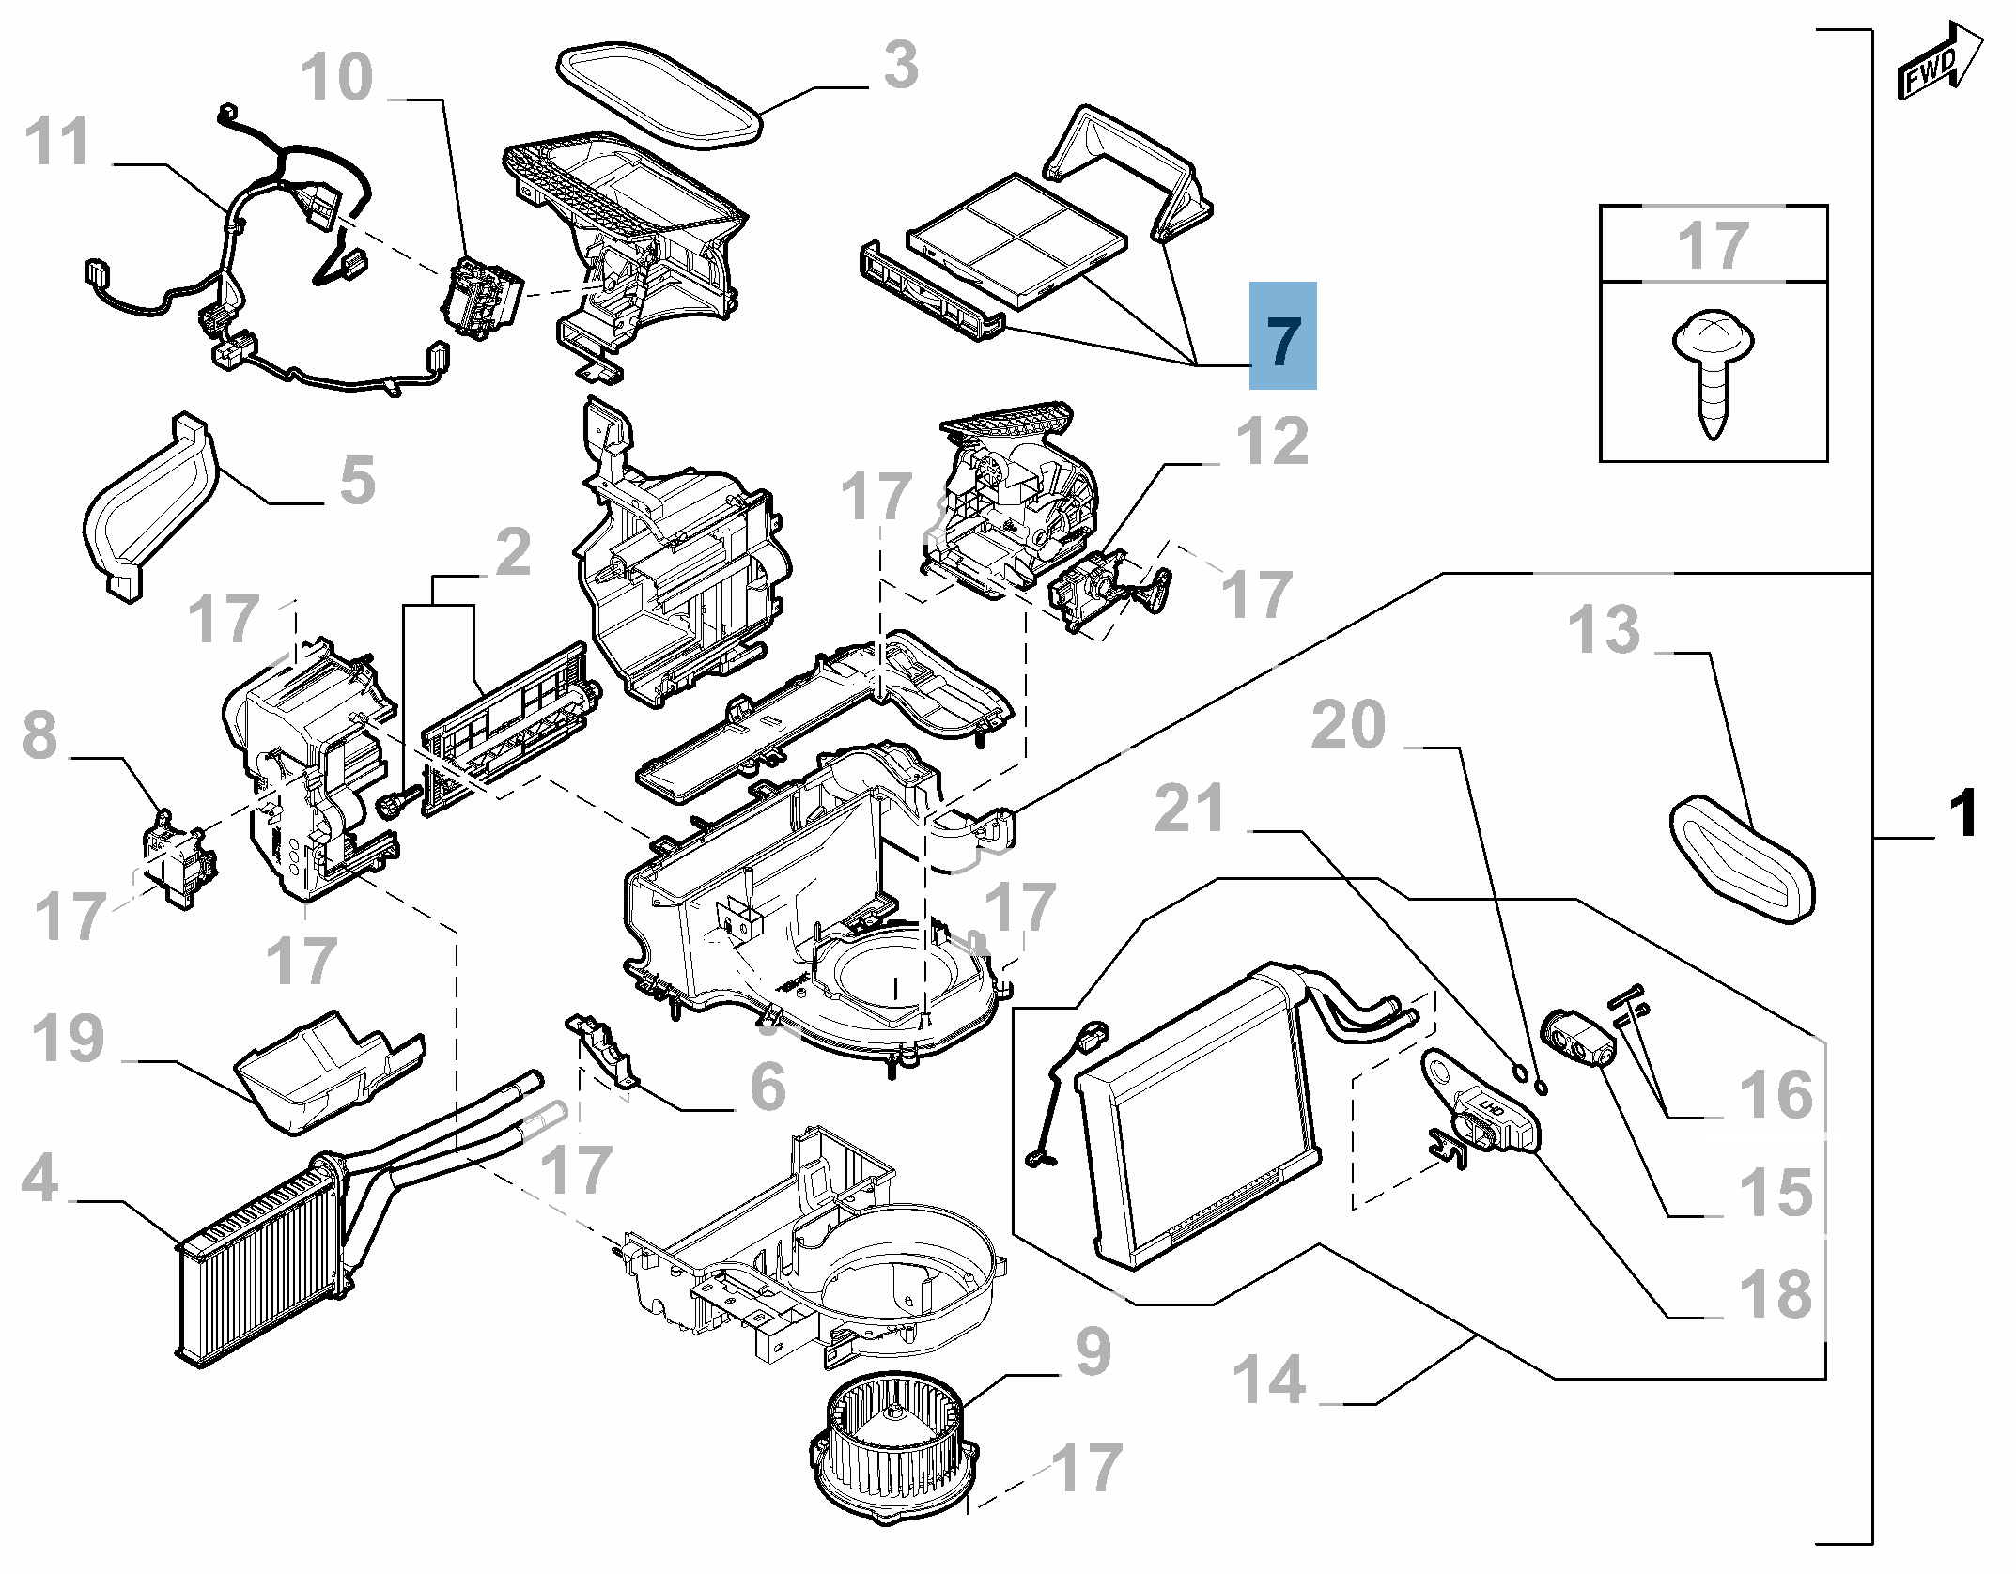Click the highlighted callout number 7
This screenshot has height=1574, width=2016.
[1282, 337]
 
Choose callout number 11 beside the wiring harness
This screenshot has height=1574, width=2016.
[58, 142]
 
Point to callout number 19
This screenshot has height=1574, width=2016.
[69, 1039]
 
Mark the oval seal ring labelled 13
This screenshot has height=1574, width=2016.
[1743, 857]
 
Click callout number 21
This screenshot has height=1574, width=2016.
[1189, 809]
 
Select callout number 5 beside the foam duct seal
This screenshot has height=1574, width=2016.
[357, 481]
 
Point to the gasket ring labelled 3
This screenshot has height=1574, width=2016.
[659, 99]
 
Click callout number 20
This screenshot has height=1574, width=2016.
[1348, 725]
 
